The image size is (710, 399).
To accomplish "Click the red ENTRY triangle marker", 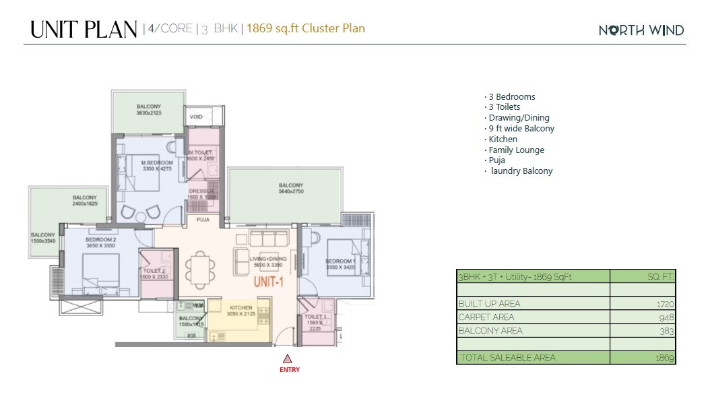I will pos(288,359).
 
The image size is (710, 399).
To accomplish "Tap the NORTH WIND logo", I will pos(641,30).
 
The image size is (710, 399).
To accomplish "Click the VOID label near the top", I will pos(197,117).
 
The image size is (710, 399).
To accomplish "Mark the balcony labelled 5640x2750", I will pos(291,189).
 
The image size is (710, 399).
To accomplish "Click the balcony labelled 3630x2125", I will pos(148,110).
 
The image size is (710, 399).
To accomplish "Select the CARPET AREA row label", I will pos(486,317).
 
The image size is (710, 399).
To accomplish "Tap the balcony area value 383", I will pos(666,331).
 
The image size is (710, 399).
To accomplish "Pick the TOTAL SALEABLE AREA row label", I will pos(507,358).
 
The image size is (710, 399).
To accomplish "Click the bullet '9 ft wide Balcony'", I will pos(520,129).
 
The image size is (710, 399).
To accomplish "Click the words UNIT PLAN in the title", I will pos(84,30).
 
